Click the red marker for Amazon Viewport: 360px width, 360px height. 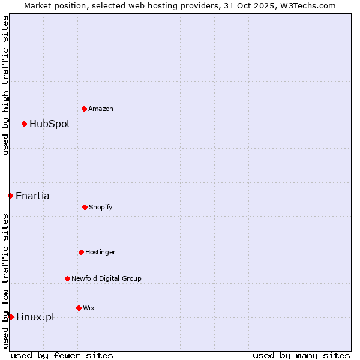point(84,109)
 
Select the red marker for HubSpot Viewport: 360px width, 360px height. point(25,124)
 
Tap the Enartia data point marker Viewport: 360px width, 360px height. point(10,196)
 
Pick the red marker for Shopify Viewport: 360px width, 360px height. point(85,207)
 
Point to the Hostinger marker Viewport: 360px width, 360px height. point(81,252)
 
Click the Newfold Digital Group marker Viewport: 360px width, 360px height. point(67,278)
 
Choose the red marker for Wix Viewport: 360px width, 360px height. point(79,308)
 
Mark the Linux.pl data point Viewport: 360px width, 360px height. point(11,317)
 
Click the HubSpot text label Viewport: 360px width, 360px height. point(50,124)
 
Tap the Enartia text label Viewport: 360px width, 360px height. point(32,196)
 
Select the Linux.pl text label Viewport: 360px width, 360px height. point(35,317)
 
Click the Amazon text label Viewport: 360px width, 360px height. point(101,109)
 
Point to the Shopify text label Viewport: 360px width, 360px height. point(101,207)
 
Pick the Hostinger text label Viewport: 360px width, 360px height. point(100,252)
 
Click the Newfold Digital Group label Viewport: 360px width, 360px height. point(106,278)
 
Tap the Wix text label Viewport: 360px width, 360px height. point(89,308)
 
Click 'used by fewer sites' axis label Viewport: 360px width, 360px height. point(62,355)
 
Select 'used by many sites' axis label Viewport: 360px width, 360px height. point(301,355)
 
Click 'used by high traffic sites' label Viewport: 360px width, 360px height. point(5,85)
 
